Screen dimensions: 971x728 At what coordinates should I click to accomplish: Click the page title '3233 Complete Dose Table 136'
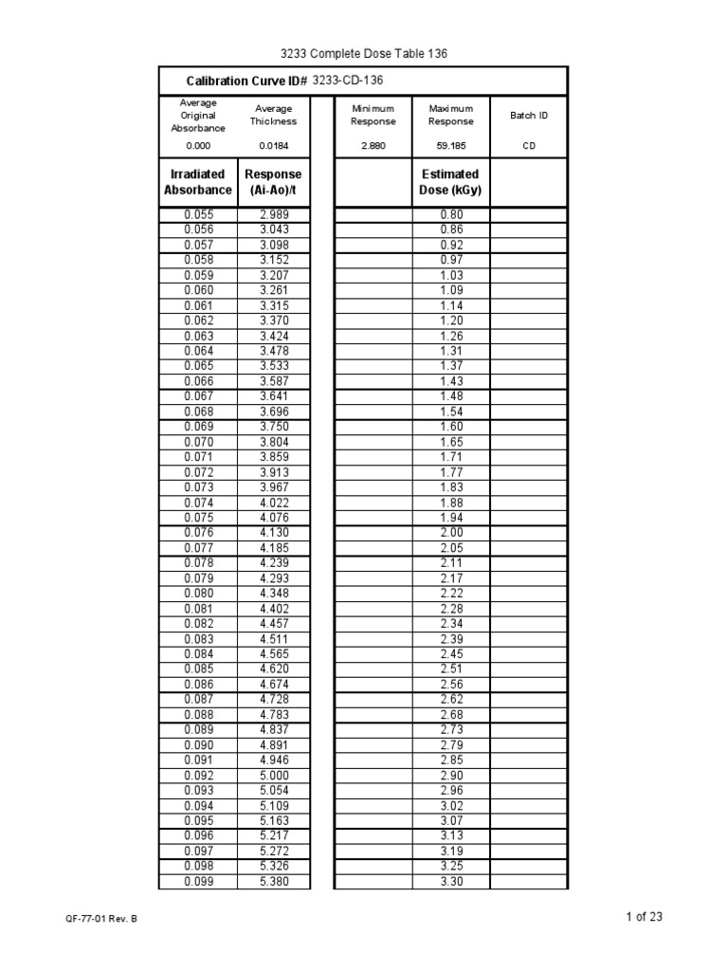tap(363, 54)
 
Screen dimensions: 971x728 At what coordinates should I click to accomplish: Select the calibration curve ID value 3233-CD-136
tap(348, 82)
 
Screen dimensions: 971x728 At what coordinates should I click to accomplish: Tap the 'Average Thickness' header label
tap(273, 116)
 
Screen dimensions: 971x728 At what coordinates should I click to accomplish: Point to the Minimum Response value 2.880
tap(373, 146)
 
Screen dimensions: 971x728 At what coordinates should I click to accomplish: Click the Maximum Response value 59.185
tap(450, 146)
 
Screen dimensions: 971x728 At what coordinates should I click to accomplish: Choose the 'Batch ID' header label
tap(529, 116)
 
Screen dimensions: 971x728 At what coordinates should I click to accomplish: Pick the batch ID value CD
tap(529, 146)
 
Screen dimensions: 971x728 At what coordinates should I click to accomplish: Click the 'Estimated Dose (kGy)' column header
tap(450, 182)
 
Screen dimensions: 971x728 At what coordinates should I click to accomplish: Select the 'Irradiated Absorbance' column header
tap(198, 182)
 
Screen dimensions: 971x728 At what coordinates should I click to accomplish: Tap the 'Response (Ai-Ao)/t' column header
tap(273, 182)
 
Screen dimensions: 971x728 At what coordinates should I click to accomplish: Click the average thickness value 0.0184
tap(273, 146)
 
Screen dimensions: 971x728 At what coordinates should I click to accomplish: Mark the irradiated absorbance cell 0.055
tap(198, 215)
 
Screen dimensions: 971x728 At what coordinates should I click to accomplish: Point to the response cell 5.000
tap(273, 776)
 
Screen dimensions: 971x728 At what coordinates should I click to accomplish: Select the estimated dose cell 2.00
tap(450, 533)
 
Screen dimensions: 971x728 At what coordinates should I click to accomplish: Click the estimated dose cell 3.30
tap(450, 882)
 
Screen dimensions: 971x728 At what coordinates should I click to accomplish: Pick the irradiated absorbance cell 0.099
tap(198, 882)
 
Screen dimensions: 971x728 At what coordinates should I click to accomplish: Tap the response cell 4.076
tap(273, 518)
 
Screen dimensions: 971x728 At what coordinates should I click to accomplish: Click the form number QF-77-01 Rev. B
tap(102, 920)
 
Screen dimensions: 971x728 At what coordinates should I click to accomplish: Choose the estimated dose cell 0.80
tap(450, 215)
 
